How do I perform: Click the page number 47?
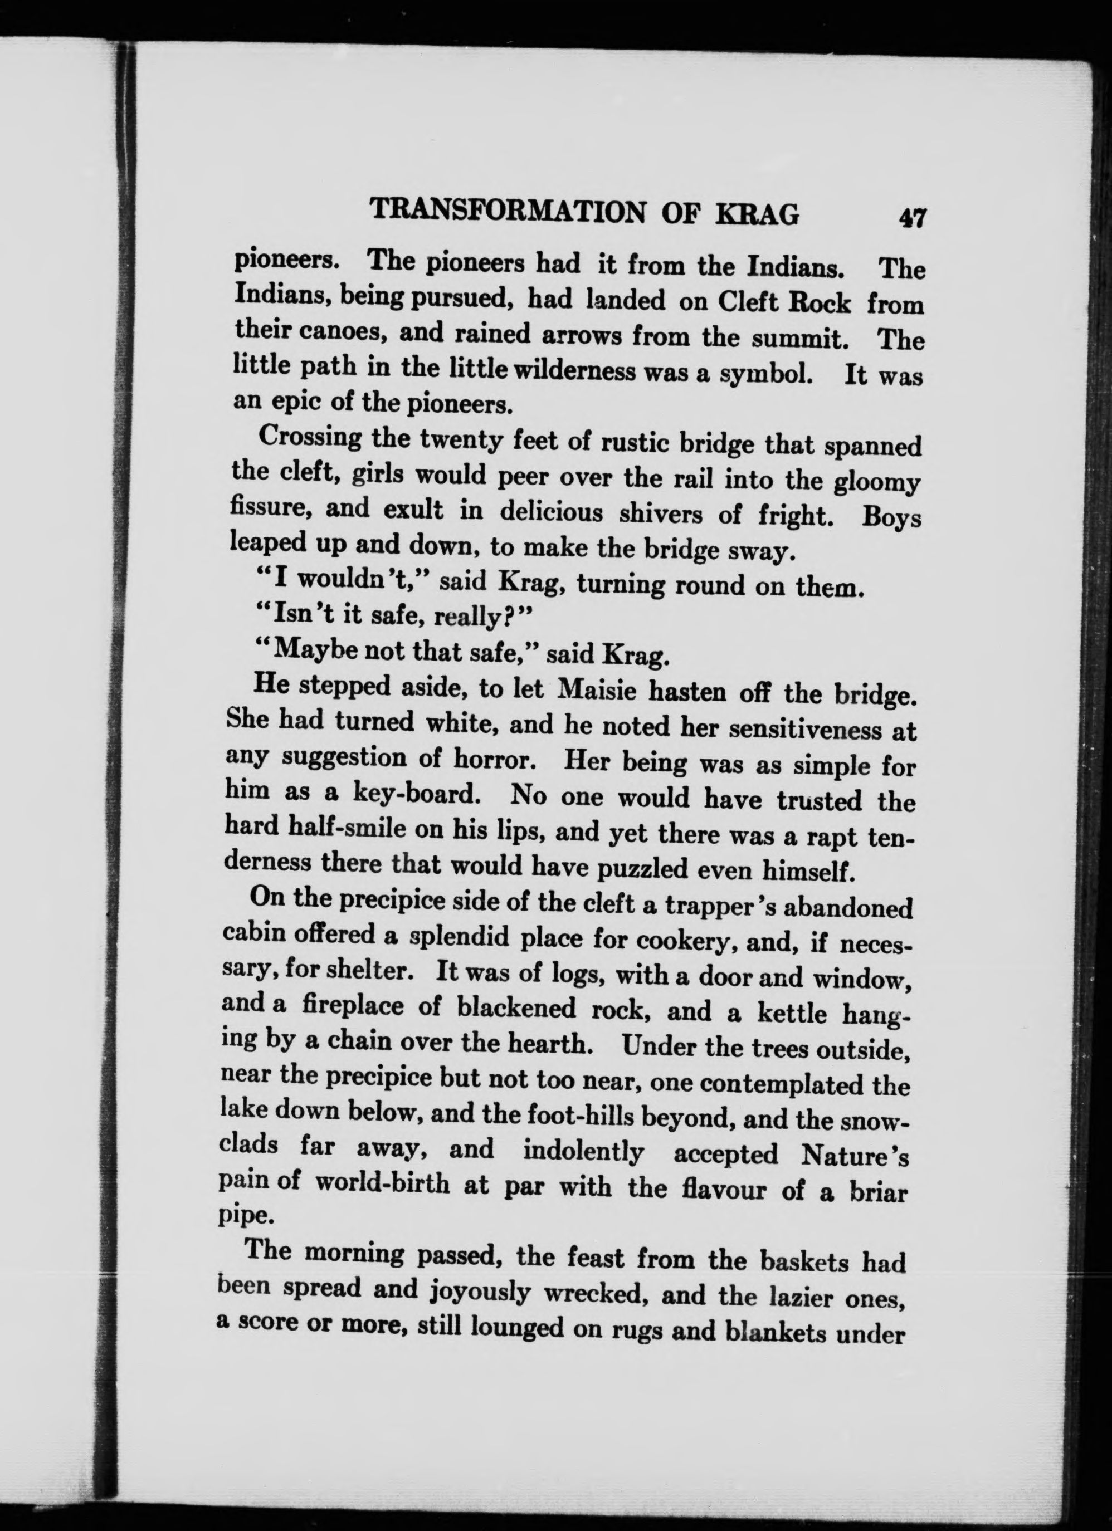pos(910,219)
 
